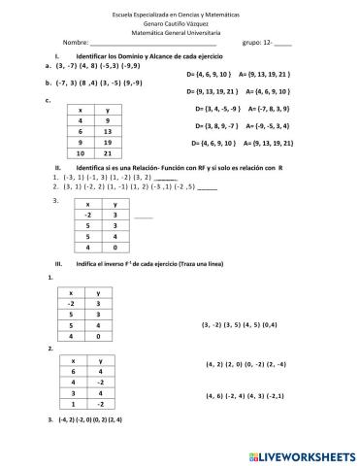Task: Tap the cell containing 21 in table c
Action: (108, 153)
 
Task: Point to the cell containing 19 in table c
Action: (108, 142)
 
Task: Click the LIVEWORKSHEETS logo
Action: (301, 452)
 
